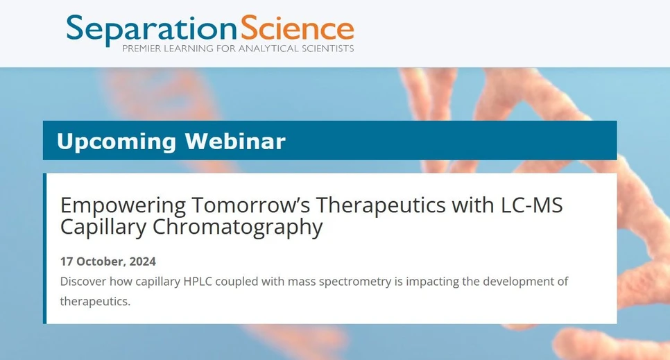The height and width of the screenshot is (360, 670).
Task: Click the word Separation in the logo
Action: (x=151, y=28)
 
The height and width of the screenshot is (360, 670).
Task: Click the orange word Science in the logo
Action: (x=297, y=28)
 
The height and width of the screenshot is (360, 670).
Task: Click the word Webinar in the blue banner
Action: (x=235, y=142)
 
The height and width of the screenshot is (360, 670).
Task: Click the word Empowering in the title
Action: (x=123, y=205)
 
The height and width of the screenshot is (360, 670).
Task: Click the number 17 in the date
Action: (x=67, y=262)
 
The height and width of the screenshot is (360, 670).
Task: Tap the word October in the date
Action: (x=101, y=262)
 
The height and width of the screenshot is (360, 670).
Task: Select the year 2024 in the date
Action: (x=143, y=262)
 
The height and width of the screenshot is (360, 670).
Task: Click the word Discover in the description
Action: (x=83, y=282)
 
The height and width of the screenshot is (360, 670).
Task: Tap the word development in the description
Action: (x=518, y=282)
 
